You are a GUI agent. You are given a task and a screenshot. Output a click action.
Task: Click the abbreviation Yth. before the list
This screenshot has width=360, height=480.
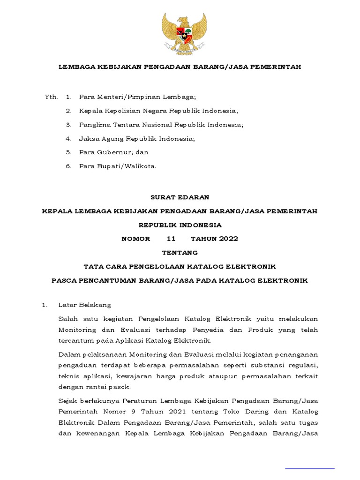pos(51,97)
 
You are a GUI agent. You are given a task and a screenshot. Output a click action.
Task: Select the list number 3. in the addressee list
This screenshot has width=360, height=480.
pos(68,125)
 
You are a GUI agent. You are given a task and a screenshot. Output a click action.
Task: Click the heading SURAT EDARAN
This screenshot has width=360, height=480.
pos(180,197)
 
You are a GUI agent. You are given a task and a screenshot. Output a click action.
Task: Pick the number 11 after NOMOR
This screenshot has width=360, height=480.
pos(171,239)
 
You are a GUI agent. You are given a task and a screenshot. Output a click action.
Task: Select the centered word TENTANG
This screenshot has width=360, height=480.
pos(180,253)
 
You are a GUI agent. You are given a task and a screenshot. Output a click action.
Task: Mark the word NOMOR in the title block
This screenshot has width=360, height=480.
pos(136,239)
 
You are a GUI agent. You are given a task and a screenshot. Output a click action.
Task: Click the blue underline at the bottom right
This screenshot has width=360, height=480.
pos(310,467)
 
